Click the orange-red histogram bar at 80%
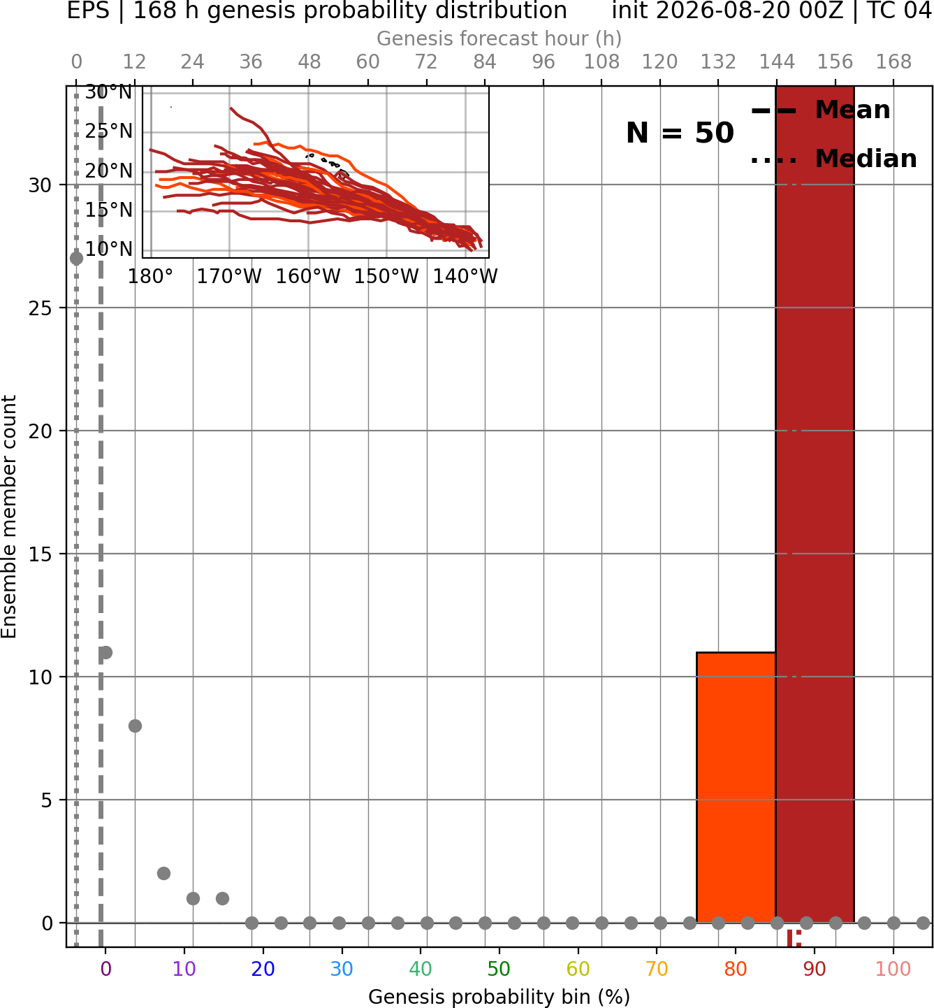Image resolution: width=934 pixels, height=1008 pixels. click(736, 787)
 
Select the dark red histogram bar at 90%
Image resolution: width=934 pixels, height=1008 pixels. click(815, 504)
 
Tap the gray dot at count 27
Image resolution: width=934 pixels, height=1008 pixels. click(76, 259)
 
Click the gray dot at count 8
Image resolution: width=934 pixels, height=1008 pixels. click(135, 726)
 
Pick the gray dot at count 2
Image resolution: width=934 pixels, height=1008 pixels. click(163, 874)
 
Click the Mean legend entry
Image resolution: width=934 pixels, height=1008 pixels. click(820, 110)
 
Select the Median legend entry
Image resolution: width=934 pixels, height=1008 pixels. click(833, 159)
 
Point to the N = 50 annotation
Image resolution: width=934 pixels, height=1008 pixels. click(680, 133)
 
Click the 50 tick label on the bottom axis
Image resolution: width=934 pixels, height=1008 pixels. click(499, 969)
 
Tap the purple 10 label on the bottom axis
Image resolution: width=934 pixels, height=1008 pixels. click(184, 969)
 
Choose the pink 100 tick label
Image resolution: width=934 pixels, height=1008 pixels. click(893, 969)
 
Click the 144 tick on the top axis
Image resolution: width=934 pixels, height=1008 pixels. click(776, 62)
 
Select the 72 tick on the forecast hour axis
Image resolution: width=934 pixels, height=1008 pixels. click(426, 62)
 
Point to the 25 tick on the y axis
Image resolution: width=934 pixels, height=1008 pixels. click(40, 308)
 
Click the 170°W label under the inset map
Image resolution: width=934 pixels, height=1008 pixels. click(229, 277)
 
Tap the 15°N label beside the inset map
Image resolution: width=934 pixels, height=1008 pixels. click(108, 210)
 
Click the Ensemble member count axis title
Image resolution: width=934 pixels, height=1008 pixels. click(8, 517)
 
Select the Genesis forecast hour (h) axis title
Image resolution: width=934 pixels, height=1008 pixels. click(499, 38)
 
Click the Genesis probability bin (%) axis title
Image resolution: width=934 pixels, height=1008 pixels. click(499, 997)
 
